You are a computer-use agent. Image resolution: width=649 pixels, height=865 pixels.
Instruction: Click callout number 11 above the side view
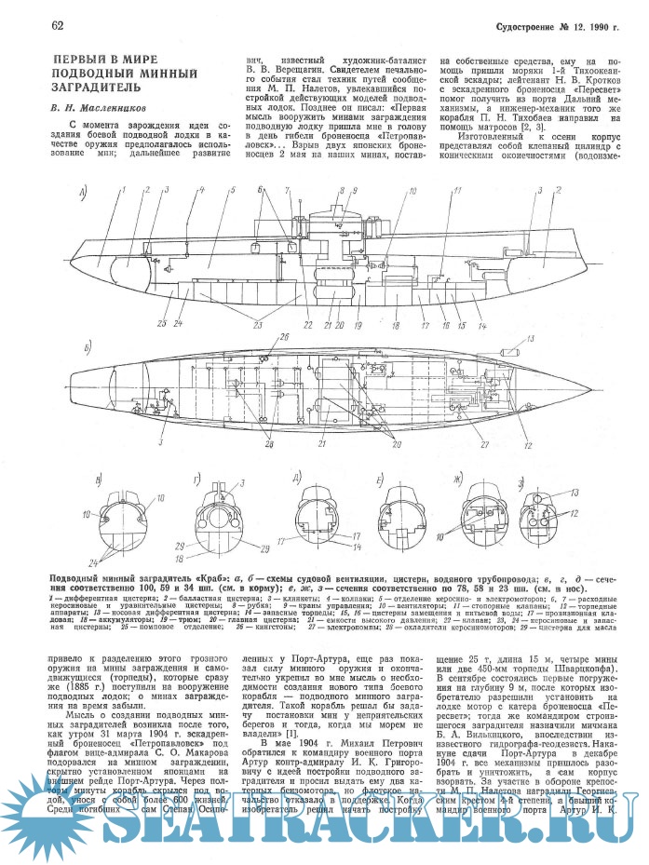pos(455,191)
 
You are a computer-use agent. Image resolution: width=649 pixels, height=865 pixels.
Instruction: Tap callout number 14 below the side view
pos(482,325)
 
